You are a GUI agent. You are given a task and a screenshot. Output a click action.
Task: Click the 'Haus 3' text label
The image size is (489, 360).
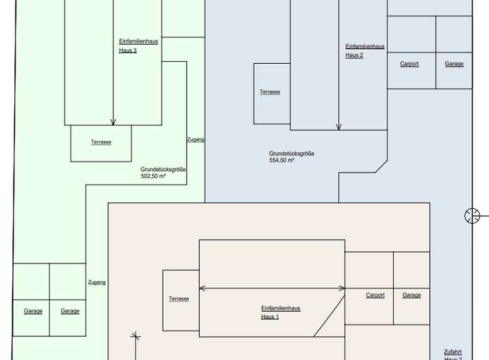click(128, 50)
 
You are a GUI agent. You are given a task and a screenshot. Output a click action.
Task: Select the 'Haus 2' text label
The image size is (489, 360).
click(354, 55)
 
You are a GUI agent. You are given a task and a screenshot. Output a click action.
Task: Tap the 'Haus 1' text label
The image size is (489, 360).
click(270, 317)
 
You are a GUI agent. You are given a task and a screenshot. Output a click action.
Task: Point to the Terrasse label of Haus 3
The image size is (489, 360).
click(101, 142)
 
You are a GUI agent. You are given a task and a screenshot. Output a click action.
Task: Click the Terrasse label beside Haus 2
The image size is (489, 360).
click(270, 92)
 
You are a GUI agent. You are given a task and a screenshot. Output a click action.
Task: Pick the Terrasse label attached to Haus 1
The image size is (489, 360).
click(179, 299)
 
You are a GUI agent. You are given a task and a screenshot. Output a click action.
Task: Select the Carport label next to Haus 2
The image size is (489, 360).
click(410, 64)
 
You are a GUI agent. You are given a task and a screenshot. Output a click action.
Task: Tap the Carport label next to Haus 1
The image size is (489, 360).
click(375, 295)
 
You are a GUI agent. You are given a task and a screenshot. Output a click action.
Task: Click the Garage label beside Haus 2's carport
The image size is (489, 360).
click(454, 64)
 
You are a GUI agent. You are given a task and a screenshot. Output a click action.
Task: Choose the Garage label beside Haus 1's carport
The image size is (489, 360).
click(412, 295)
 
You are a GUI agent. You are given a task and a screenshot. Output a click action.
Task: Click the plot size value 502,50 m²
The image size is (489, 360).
click(153, 177)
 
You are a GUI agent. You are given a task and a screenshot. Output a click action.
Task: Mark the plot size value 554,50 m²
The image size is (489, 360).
click(281, 160)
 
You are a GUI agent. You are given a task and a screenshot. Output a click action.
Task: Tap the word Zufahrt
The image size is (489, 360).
click(453, 352)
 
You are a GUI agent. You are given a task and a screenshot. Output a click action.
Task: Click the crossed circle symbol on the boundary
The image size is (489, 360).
click(472, 216)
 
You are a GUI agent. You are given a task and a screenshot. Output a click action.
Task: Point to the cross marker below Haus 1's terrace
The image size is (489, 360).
click(136, 335)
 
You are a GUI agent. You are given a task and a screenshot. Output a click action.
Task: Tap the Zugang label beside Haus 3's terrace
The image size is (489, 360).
click(196, 139)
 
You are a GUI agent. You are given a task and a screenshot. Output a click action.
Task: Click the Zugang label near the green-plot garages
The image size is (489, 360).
click(96, 282)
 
